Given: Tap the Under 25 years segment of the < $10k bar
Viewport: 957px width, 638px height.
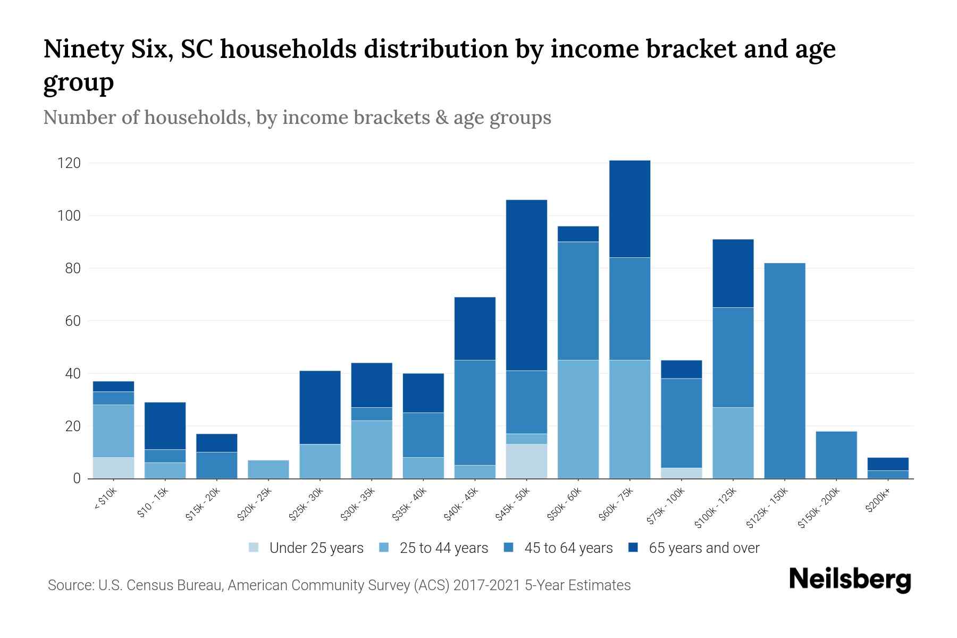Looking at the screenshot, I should point(113,468).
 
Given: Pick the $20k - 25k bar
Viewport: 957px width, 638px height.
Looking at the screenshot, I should point(268,469).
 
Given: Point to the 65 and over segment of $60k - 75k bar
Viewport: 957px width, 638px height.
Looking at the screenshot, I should point(629,209).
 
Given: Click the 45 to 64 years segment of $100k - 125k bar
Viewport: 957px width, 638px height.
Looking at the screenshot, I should point(733,357).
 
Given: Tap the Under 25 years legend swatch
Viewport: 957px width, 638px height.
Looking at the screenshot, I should point(254,548).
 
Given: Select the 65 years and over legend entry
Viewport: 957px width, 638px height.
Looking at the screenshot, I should point(703,548).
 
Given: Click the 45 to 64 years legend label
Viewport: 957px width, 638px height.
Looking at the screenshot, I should point(568,548).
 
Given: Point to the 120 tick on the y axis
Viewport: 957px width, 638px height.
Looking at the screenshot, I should point(69,163).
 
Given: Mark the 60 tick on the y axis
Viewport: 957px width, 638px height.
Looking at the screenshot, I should point(72,321).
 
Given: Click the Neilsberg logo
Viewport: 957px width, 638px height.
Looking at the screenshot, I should point(850,580).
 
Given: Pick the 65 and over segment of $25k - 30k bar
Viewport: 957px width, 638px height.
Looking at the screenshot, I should point(320,407).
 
